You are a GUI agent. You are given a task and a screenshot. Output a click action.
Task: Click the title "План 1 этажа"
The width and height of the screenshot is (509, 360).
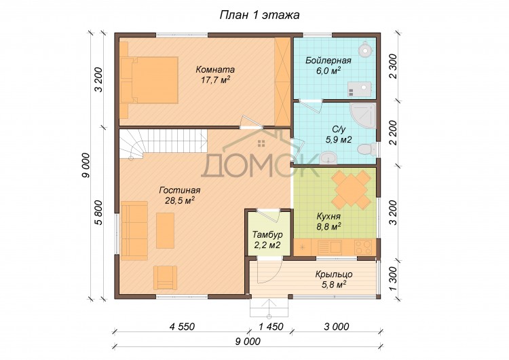[259, 15]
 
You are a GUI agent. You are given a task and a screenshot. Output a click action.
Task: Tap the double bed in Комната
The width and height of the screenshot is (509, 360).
[149, 80]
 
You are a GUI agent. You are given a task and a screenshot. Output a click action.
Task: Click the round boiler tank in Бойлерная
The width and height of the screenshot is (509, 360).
[366, 49]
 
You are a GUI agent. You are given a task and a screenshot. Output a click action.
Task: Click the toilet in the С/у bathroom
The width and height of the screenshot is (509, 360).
[366, 149]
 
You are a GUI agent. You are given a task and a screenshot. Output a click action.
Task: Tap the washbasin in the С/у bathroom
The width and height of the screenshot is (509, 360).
[328, 158]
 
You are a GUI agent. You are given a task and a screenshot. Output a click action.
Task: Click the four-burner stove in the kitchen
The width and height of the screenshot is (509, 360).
[363, 247]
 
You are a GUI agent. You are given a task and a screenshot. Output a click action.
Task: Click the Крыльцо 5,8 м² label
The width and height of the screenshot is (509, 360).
[334, 279]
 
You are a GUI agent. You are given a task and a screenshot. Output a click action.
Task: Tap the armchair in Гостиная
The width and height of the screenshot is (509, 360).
[165, 278]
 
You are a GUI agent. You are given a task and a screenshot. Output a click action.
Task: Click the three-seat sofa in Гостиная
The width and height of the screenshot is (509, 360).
[134, 231]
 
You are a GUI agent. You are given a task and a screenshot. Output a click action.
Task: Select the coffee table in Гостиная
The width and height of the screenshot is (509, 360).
[165, 230]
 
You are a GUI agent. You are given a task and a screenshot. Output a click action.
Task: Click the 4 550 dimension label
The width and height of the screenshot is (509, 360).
[182, 326]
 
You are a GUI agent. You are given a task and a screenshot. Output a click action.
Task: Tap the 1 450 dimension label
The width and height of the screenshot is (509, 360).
[271, 326]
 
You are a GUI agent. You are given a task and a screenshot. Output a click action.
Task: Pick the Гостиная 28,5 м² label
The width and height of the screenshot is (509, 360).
[180, 195]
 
